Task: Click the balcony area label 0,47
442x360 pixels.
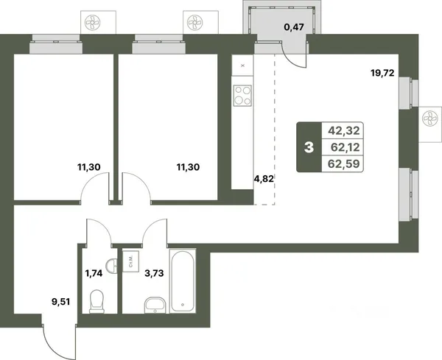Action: tap(294, 27)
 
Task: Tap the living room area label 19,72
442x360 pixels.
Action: tap(382, 73)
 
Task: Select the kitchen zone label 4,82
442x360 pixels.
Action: tap(264, 179)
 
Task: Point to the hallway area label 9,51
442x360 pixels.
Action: tap(60, 302)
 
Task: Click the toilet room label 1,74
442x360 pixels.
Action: tap(94, 273)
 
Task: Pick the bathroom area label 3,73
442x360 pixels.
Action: tap(154, 273)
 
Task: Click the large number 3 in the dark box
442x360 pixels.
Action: tap(309, 147)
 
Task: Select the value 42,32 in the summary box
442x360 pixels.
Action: tap(344, 131)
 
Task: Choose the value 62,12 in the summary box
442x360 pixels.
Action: tap(345, 147)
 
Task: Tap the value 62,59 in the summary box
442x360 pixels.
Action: tap(344, 163)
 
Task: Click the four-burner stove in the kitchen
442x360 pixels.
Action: tap(242, 96)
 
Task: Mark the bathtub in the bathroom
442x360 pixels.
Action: tap(183, 281)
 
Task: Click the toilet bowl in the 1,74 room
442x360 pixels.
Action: tap(97, 302)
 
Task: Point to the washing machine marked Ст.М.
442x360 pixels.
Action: tap(131, 261)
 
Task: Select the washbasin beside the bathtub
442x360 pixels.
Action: tap(155, 305)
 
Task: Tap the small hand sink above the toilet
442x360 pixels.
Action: tap(112, 265)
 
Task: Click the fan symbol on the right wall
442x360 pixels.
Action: tap(430, 119)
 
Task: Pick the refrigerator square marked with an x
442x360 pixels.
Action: tap(242, 66)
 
